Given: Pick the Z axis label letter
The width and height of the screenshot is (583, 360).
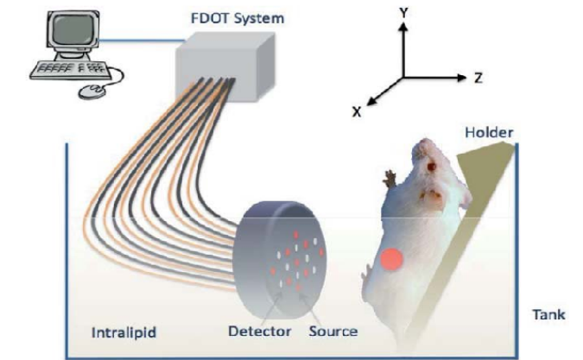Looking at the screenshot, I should click(478, 78).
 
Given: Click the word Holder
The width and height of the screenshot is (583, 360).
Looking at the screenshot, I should click(489, 132).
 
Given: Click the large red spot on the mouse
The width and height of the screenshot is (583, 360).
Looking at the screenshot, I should click(393, 259).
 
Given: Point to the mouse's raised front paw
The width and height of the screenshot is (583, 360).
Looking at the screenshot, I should click(390, 180).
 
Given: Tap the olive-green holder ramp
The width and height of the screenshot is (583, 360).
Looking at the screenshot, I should click(471, 224).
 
